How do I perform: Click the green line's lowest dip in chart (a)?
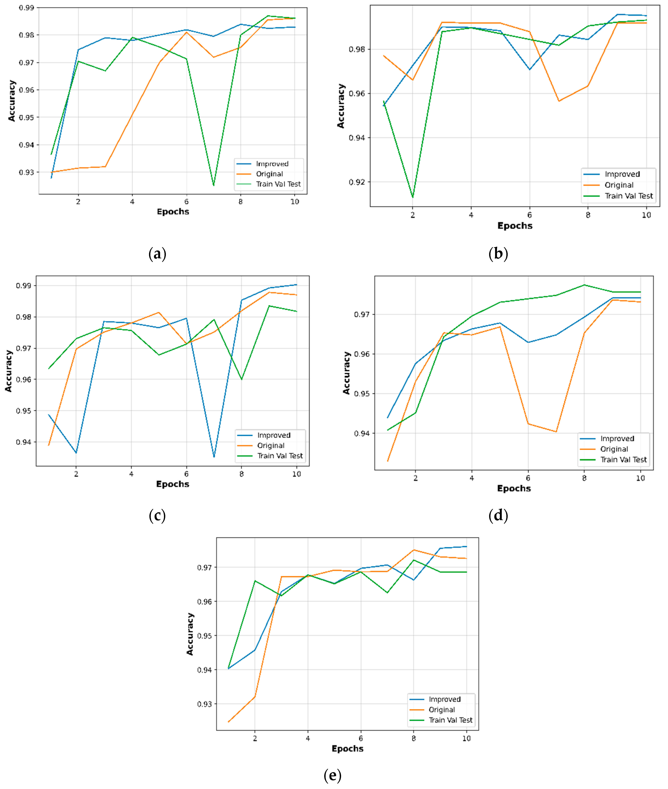pyautogui.click(x=213, y=185)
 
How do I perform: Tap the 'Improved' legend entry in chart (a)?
pyautogui.click(x=272, y=164)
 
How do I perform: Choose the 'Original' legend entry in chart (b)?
pyautogui.click(x=619, y=185)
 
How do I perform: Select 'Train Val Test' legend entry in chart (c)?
pyautogui.click(x=280, y=456)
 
